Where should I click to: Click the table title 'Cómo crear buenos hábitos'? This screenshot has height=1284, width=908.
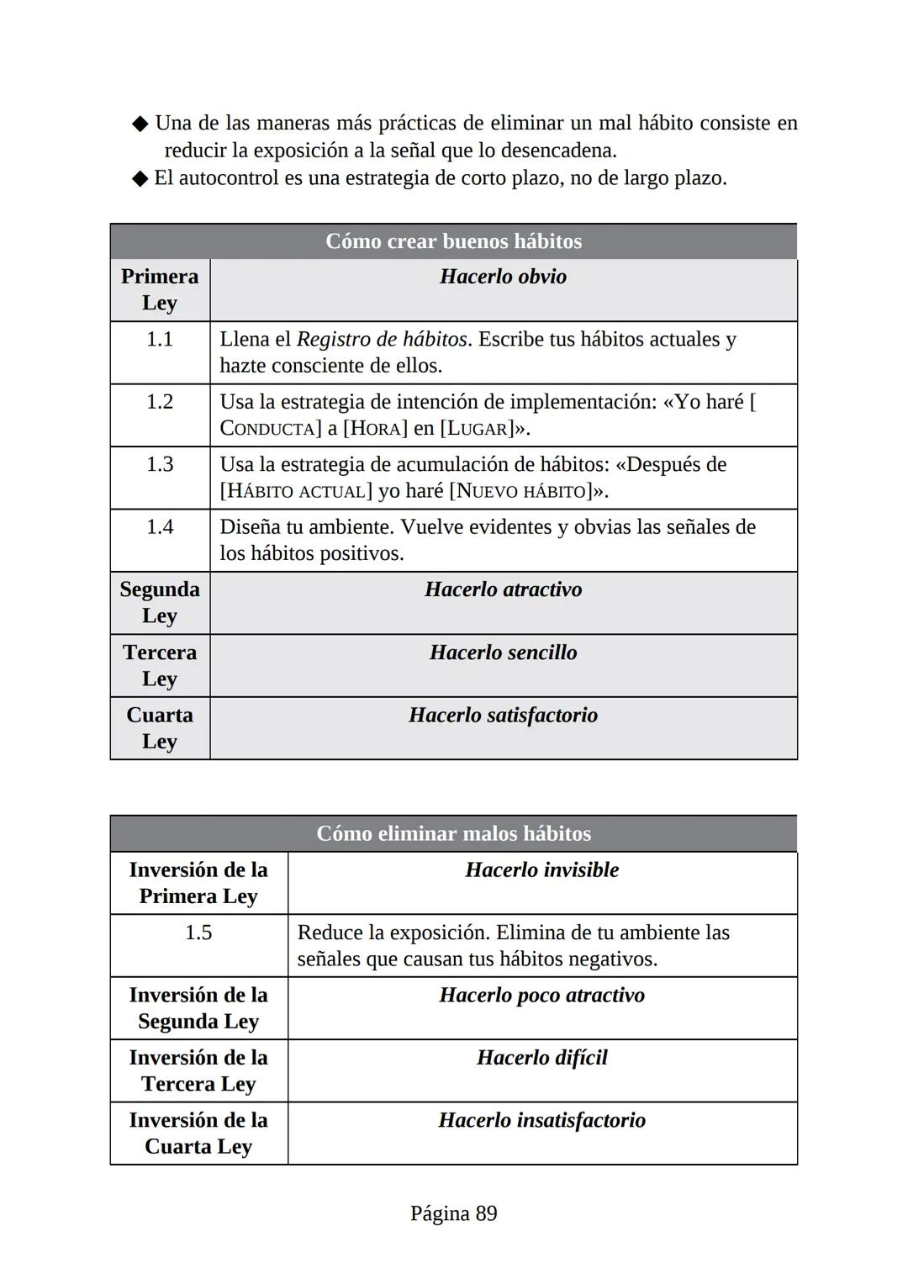click(453, 241)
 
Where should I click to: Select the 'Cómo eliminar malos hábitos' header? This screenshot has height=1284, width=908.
click(453, 833)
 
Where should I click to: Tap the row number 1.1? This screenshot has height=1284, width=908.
click(160, 339)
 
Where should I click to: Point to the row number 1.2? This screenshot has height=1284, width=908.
click(160, 402)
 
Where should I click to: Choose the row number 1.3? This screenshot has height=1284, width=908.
click(160, 464)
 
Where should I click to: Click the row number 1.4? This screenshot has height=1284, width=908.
click(160, 527)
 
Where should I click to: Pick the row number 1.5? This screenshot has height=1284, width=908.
click(198, 933)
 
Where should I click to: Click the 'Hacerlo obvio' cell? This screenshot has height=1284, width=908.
click(503, 277)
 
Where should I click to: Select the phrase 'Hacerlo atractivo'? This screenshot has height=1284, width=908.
click(503, 589)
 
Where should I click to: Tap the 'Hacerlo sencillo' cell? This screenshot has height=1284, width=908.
click(503, 653)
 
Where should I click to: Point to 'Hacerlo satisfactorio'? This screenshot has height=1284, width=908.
click(503, 715)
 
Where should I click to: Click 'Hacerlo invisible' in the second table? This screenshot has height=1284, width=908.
click(541, 869)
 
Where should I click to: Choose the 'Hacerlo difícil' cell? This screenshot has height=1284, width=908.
click(541, 1057)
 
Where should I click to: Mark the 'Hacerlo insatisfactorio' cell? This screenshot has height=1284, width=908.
click(541, 1120)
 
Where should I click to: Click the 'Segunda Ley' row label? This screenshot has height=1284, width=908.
click(160, 602)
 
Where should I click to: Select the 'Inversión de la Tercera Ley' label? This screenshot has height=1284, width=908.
click(198, 1070)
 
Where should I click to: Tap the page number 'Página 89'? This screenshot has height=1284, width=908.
click(453, 1213)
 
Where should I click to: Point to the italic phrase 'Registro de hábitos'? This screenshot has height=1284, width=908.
click(382, 339)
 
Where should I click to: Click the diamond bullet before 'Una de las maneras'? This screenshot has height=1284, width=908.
click(140, 124)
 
